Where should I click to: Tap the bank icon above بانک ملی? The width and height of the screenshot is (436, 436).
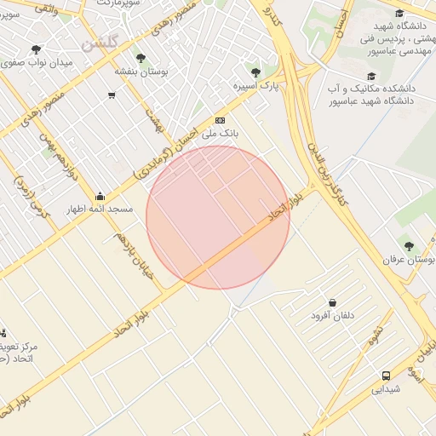pos(221,120)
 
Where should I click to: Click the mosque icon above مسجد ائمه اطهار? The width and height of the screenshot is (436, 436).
pos(100,196)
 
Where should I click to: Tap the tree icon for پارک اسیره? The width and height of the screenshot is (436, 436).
pos(255,72)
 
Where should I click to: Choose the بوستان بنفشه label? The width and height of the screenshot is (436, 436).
pos(141,72)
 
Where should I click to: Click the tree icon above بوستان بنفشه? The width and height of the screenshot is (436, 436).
pos(141,59)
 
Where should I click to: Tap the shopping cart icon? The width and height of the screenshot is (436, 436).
pos(112,95)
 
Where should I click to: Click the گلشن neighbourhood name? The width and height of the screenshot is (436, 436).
pos(100,42)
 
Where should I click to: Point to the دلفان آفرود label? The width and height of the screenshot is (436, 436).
pos(332,316)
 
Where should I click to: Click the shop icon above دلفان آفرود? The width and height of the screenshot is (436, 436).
pos(332,302)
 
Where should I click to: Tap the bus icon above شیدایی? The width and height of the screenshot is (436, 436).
pos(387,375)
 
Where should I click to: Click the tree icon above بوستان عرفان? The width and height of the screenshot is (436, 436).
pos(408,245)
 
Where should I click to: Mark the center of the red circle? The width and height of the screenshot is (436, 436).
pos(218,218)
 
